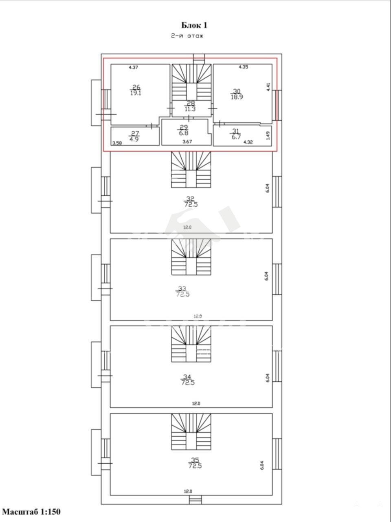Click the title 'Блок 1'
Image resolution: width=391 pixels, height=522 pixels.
tap(194, 25)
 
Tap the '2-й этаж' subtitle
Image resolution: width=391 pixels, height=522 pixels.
tap(187, 36)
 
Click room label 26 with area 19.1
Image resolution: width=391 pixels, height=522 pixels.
tap(136, 90)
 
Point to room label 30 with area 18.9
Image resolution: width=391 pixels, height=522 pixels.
tap(237, 94)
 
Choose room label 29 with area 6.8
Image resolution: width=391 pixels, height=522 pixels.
tap(184, 130)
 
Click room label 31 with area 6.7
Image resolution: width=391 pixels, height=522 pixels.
tap(236, 134)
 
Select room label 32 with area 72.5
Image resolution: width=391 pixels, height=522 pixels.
tap(191, 201)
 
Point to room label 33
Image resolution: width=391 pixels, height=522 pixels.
tap(183, 292)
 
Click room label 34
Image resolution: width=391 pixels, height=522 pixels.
tap(187, 380)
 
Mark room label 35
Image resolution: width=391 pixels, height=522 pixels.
tap(195, 463)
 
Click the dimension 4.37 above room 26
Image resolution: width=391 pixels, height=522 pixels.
tap(134, 67)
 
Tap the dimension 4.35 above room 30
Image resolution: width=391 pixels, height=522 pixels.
tap(243, 67)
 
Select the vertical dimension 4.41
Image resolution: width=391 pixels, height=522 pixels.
tap(268, 87)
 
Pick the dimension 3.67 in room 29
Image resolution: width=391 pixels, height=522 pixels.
tap(187, 142)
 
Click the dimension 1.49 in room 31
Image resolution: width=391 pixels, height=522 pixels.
tap(268, 135)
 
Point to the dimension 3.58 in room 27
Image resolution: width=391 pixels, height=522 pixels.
tap(117, 143)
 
